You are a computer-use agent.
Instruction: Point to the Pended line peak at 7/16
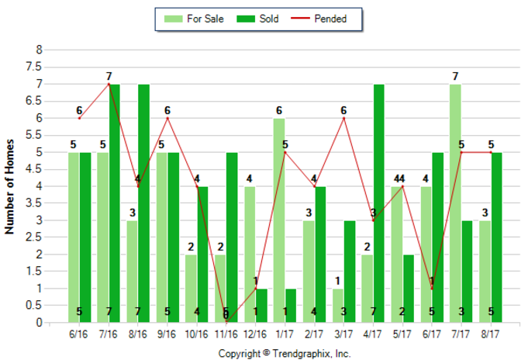[x=109, y=84]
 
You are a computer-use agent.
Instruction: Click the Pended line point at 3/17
[x=343, y=118]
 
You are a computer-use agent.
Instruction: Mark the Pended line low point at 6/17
[x=432, y=289]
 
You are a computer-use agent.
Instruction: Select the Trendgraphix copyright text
[x=285, y=353]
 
